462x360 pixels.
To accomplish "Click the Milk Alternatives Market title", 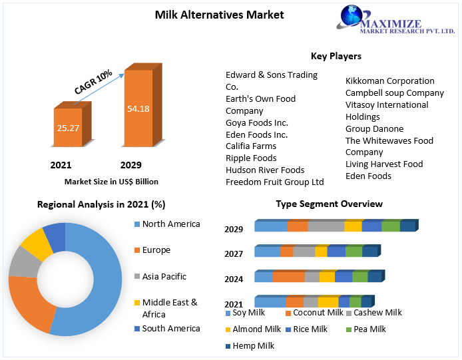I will (x=210, y=15).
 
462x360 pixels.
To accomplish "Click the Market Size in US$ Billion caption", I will (x=111, y=181).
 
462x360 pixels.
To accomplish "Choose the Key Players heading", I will (x=336, y=57).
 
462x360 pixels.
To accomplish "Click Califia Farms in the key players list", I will (x=251, y=146).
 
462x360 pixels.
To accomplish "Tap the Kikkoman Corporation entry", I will (x=389, y=81).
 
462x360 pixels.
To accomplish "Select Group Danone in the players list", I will (x=374, y=128).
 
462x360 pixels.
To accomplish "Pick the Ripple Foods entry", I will (x=251, y=158).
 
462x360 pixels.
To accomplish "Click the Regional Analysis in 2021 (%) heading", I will (x=101, y=205).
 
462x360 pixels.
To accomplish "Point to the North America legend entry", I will (x=170, y=224).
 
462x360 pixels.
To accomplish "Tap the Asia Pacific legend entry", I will (x=164, y=276).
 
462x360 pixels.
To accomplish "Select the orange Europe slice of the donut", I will (x=30, y=303).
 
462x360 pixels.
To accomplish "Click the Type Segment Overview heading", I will (x=329, y=204).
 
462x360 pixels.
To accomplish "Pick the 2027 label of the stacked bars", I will (x=234, y=254).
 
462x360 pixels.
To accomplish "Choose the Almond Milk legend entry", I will (x=256, y=329).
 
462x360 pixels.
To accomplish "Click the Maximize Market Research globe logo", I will (x=355, y=17).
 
